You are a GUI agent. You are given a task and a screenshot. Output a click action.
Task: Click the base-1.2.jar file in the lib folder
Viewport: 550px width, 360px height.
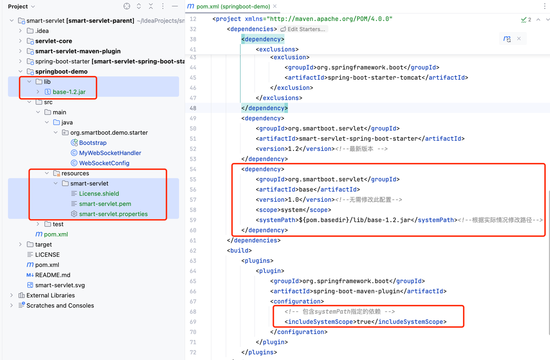[69, 92]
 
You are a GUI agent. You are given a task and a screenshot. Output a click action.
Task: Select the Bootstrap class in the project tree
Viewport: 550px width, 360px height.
[93, 143]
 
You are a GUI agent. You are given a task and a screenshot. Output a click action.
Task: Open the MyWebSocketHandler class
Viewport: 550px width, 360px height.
[110, 153]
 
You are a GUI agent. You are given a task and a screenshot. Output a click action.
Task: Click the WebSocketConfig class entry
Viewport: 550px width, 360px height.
[104, 163]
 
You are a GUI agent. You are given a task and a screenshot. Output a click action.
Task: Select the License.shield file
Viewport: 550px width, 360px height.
[99, 194]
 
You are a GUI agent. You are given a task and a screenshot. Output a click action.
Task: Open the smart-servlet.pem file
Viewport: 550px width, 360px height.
[105, 204]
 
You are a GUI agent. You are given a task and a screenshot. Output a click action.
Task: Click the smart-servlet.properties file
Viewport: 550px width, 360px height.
[113, 214]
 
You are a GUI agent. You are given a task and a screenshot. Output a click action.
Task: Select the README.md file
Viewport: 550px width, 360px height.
[52, 275]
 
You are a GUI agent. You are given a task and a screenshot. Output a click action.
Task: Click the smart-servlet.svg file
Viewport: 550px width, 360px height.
[60, 285]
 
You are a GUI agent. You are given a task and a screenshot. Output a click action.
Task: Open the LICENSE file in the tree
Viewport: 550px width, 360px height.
[47, 255]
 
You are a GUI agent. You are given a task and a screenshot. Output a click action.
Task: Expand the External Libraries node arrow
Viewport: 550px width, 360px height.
[12, 295]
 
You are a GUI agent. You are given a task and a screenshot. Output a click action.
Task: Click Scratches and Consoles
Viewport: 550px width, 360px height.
[60, 305]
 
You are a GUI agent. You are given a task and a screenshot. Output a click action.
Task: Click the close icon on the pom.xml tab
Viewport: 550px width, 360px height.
[275, 6]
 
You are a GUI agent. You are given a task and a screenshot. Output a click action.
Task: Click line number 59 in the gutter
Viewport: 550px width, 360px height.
[193, 220]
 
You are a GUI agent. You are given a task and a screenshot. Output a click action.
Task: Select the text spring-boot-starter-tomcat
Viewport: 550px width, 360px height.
[374, 78]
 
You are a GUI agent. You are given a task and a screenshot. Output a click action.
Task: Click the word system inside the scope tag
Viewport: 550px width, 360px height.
[292, 210]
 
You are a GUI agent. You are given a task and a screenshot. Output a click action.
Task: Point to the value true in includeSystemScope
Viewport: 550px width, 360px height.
[364, 322]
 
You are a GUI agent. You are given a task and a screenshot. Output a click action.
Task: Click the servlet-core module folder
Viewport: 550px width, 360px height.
[53, 41]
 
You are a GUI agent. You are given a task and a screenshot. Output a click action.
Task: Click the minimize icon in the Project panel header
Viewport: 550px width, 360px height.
[175, 6]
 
